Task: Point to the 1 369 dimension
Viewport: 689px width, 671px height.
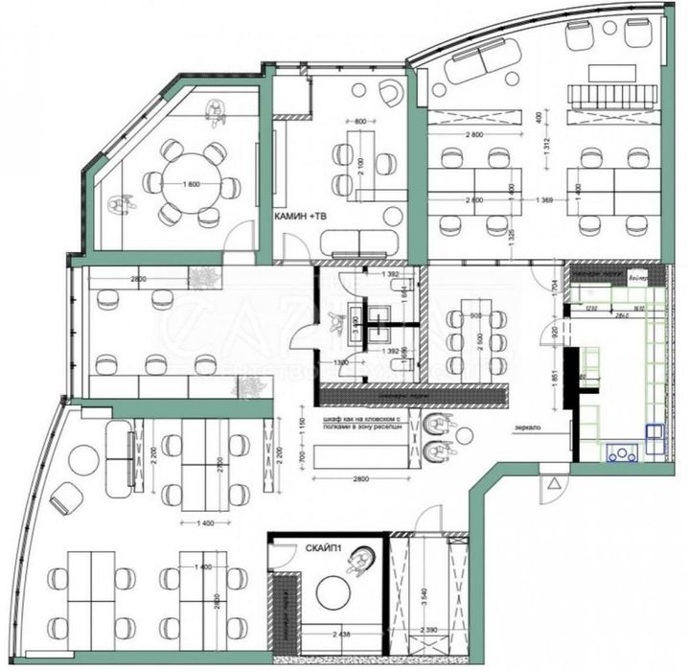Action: [x=547, y=198]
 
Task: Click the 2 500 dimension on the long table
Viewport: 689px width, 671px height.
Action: [x=471, y=343]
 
